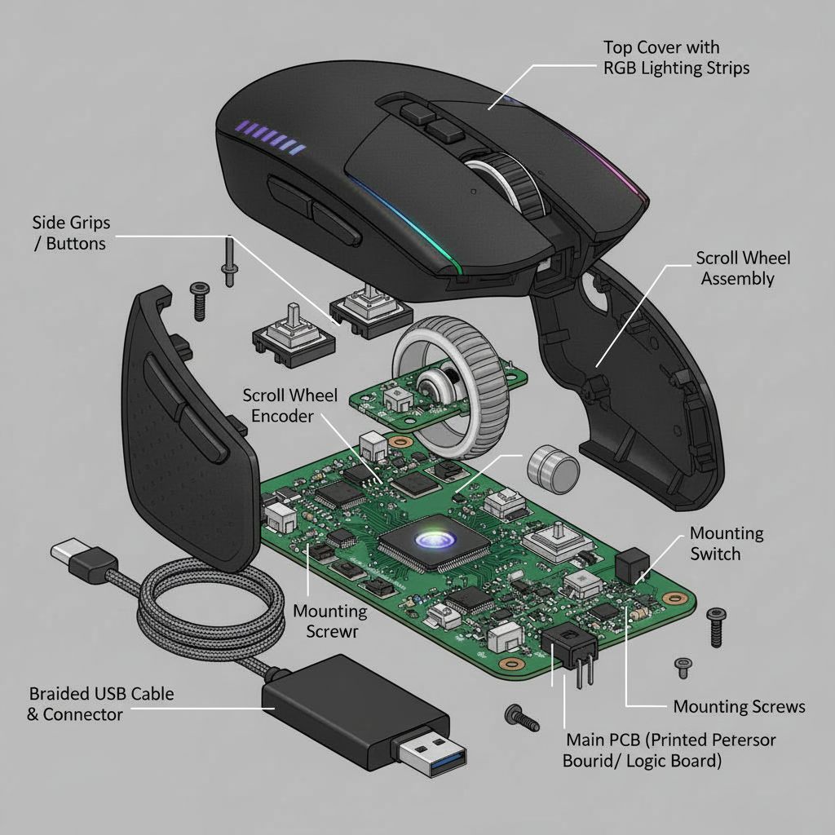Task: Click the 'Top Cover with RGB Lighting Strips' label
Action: (676, 58)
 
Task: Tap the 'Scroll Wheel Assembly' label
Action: (742, 268)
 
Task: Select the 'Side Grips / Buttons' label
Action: (71, 232)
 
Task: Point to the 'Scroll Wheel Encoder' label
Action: (289, 405)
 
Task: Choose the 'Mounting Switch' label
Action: (727, 544)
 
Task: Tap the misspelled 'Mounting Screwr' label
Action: (329, 621)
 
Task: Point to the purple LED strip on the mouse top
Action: (269, 137)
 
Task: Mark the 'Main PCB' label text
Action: (669, 750)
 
